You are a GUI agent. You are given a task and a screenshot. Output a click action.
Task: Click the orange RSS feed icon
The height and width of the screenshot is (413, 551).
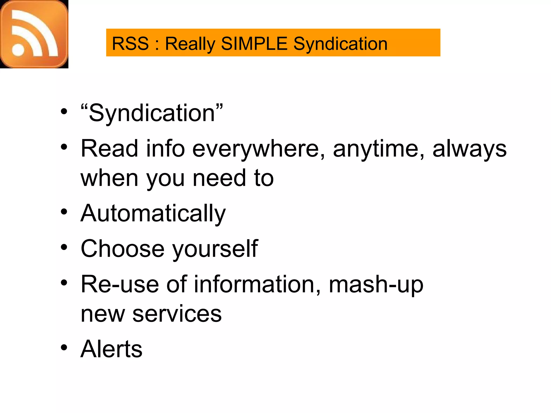pos(34,34)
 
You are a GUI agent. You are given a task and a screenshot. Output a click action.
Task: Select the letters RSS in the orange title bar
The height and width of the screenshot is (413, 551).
pos(130,44)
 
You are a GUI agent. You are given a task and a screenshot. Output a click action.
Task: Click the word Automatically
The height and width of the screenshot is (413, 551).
pos(153,213)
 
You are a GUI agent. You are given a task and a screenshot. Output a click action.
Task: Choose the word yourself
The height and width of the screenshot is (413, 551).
pos(215,249)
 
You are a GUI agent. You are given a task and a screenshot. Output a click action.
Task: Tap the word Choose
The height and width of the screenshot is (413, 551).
pos(122,248)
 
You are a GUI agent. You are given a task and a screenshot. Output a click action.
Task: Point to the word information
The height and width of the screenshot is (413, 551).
pos(257,284)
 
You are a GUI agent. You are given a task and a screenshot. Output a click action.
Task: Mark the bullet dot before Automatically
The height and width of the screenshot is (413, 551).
pos(64,212)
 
